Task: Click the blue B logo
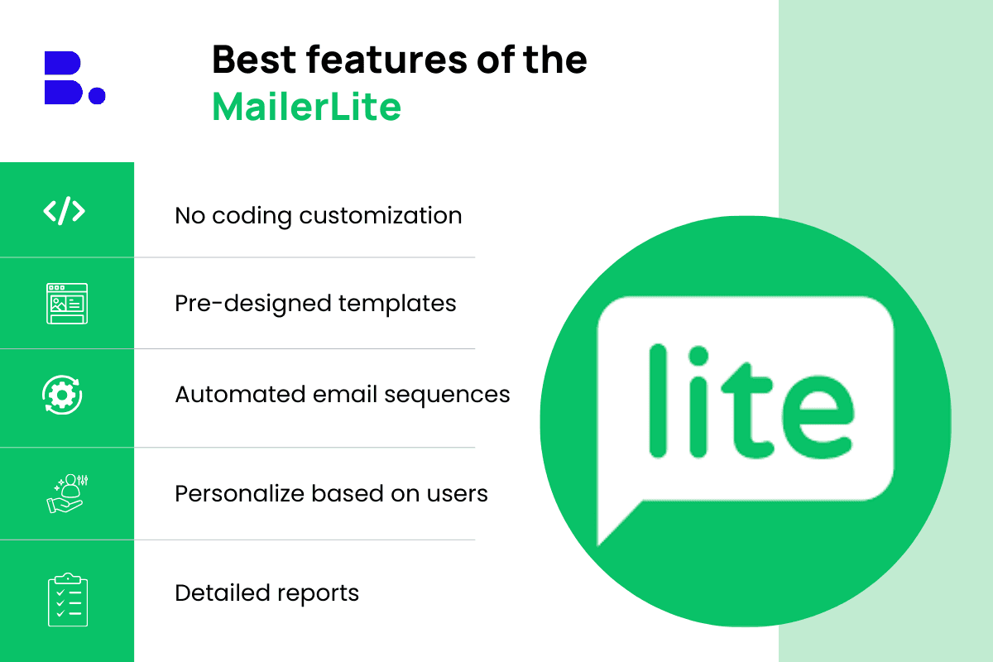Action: click(x=64, y=78)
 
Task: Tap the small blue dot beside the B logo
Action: click(x=97, y=95)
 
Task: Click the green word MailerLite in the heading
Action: click(x=307, y=107)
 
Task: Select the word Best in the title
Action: click(x=254, y=59)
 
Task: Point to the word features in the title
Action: click(x=386, y=59)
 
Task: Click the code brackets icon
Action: click(x=65, y=211)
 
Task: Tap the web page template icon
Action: click(x=67, y=304)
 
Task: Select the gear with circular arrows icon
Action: click(x=62, y=395)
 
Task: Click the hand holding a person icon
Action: click(x=67, y=493)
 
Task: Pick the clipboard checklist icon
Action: click(x=68, y=599)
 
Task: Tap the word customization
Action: click(x=381, y=216)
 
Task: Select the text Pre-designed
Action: click(x=252, y=305)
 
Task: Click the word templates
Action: click(x=397, y=305)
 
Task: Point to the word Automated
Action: click(x=240, y=394)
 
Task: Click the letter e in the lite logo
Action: click(x=818, y=417)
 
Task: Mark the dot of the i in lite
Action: click(x=698, y=356)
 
